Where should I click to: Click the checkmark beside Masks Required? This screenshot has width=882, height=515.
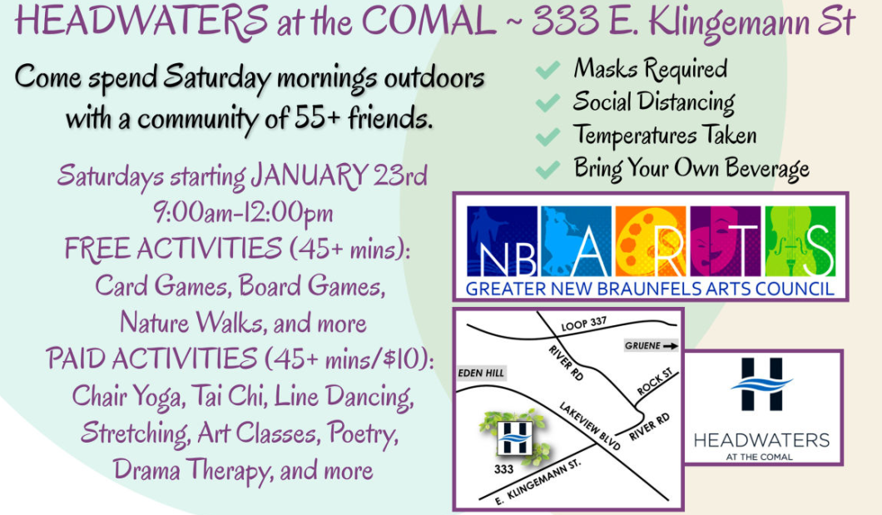pos(548,70)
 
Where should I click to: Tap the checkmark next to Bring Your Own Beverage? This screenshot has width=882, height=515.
pos(548,169)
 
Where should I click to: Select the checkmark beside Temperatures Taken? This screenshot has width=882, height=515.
pos(548,136)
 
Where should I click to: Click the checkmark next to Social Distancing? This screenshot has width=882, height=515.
pos(548,103)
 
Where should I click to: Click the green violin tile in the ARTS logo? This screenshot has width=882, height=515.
pos(800,241)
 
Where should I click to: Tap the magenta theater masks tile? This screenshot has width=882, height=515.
pos(725,241)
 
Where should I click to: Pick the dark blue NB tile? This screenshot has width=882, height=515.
pos(502,241)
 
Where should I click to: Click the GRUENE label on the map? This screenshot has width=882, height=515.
pos(642,345)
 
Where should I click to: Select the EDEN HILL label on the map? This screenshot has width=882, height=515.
pos(481,373)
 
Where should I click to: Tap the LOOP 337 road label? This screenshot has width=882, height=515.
pos(584,324)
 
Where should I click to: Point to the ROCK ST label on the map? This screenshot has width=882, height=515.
pos(655,382)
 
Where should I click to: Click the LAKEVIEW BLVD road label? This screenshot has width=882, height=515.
pos(589,426)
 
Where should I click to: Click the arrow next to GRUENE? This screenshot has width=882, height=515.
pos(670,346)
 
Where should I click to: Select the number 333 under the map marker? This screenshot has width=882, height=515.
pos(503,469)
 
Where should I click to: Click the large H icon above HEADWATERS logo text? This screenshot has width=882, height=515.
pos(761,384)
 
